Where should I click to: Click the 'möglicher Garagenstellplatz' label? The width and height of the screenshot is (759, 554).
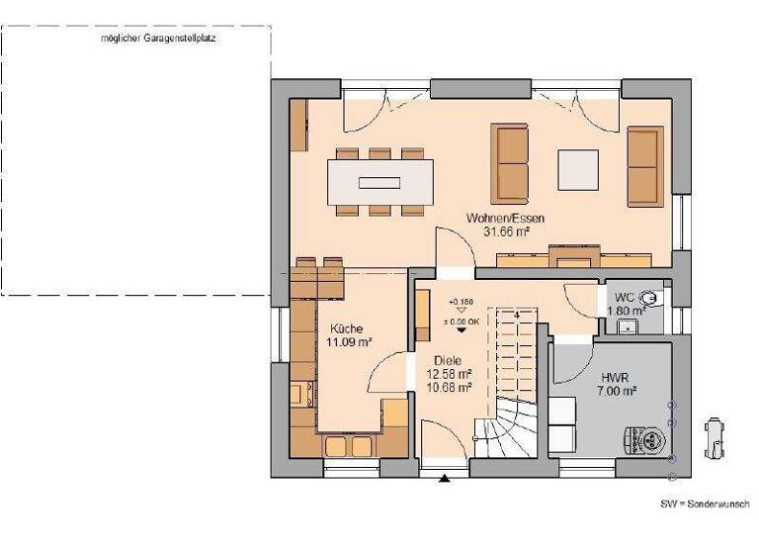point(158,39)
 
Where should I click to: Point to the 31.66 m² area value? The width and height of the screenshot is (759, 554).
point(506,231)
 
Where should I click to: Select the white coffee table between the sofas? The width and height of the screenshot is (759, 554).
point(577,168)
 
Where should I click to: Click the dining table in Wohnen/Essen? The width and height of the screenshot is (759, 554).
point(379,181)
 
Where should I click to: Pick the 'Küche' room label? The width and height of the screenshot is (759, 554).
point(346,329)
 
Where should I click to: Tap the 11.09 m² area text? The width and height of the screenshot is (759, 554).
point(349,343)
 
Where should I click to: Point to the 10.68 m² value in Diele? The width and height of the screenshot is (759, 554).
point(449,387)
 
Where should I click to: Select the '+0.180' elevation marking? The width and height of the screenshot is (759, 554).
point(460,301)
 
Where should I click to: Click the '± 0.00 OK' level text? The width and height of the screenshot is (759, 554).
point(463,322)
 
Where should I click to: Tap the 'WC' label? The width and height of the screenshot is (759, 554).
point(624,297)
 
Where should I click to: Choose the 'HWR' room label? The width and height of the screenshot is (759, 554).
point(615,377)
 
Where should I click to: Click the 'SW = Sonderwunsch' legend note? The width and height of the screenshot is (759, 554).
point(705,504)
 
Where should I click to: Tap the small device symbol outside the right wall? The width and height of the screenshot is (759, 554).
point(713,437)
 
